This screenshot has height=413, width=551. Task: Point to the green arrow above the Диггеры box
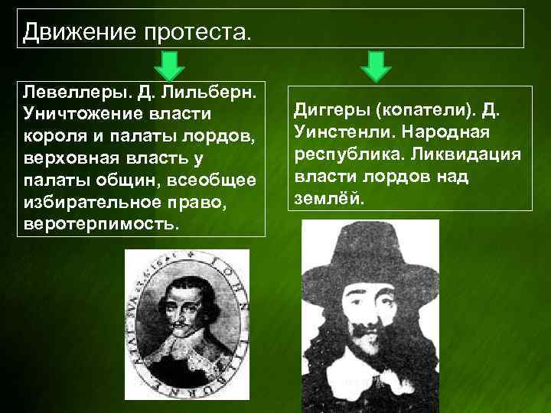(x=375, y=66)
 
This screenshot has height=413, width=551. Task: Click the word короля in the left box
(x=53, y=137)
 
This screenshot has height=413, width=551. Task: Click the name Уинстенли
(x=334, y=134)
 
